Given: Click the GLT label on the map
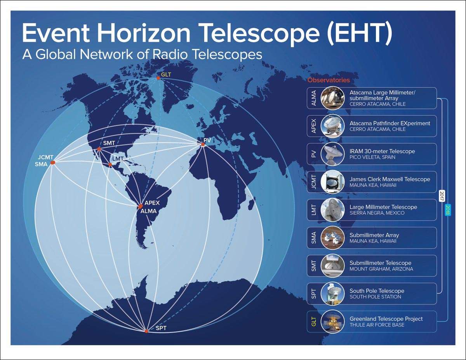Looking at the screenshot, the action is (x=166, y=75).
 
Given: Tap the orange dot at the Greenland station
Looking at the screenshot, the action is (x=158, y=78).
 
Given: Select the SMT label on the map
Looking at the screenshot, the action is (x=109, y=143).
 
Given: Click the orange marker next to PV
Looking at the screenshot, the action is (x=203, y=144).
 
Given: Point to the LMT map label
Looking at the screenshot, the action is (x=118, y=159).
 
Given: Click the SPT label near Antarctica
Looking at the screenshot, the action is (x=161, y=328).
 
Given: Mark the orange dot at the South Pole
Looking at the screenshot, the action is (x=146, y=331).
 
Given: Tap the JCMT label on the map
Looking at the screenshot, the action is (x=45, y=157).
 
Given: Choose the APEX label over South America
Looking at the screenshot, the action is (x=152, y=203).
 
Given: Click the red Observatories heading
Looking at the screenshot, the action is (x=329, y=80).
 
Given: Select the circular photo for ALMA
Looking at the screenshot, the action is (x=333, y=98).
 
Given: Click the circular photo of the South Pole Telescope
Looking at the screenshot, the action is (x=333, y=294).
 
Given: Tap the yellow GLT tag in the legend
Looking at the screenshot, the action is (x=314, y=322).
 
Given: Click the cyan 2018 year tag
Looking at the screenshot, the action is (x=448, y=210).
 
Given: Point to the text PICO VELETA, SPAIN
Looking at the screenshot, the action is (x=372, y=157).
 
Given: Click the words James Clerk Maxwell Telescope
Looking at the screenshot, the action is (x=389, y=179).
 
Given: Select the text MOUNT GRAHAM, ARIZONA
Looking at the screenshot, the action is (x=381, y=269).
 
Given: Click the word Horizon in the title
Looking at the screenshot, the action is (x=144, y=33).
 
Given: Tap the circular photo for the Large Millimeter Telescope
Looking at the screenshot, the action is (x=333, y=210).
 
